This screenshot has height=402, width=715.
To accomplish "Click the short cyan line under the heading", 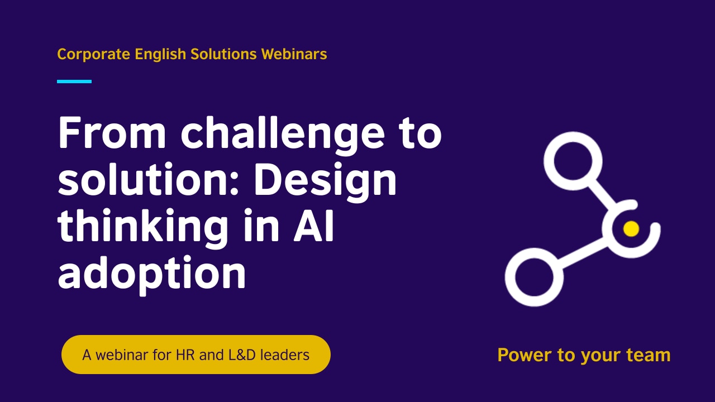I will tap(74, 82).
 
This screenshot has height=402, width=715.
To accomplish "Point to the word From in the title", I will tap(112, 134).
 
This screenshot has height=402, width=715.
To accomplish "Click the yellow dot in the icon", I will tap(631, 228).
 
